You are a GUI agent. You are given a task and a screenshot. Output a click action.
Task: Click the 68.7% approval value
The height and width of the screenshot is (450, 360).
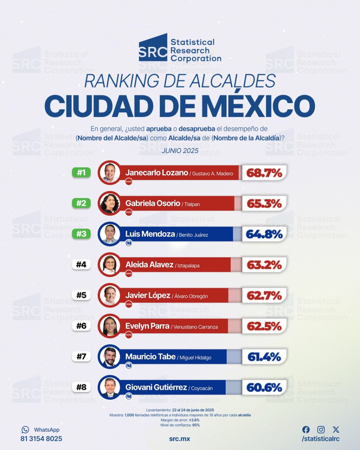(x=264, y=173)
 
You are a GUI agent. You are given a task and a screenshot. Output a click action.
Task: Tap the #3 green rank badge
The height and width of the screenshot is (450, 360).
(x=81, y=234)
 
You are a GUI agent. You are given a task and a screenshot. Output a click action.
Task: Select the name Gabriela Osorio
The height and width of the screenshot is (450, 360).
(x=153, y=203)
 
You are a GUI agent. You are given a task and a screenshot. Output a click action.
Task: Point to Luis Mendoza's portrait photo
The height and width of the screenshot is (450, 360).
(x=109, y=234)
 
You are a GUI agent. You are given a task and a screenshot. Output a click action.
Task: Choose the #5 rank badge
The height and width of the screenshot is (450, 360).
(x=81, y=295)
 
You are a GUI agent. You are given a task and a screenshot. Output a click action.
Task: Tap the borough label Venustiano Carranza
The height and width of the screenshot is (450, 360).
(x=195, y=327)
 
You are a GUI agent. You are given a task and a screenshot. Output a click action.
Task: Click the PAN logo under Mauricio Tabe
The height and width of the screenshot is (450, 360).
(x=129, y=365)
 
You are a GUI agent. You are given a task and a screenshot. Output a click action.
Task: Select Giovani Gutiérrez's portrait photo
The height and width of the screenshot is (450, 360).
(x=109, y=387)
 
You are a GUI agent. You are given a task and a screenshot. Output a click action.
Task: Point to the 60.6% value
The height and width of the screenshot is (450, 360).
(x=264, y=387)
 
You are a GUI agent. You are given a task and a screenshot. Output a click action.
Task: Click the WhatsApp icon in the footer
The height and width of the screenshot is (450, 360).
(x=25, y=430)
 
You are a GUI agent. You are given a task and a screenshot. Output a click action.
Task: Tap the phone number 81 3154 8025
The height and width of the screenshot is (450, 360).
(x=41, y=439)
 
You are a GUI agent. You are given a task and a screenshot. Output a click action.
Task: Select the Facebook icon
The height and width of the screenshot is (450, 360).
(x=306, y=430)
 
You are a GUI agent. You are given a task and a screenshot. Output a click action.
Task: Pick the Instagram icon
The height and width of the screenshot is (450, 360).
(x=321, y=430)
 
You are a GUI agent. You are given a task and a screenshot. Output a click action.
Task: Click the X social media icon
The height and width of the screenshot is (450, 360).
(x=336, y=430)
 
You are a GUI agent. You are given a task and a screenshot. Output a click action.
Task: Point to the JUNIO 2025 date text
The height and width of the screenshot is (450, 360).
(x=180, y=151)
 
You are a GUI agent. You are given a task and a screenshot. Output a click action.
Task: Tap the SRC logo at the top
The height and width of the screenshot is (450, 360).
(x=153, y=48)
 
